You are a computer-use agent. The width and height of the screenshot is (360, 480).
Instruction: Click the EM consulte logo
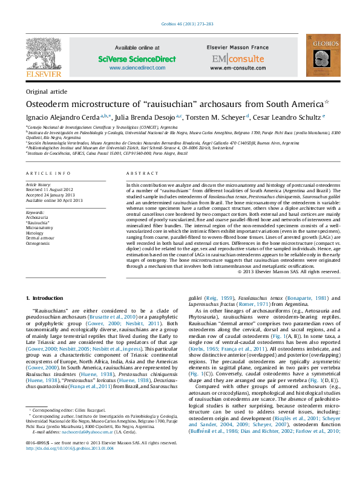pyautogui.click(x=229, y=59)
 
